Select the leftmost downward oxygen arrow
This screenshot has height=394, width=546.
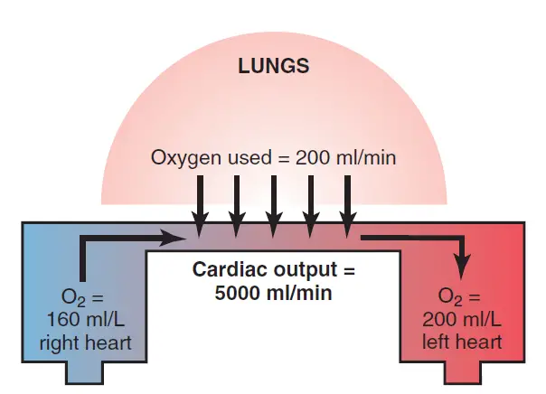click(x=202, y=203)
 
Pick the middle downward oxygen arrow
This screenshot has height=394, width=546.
click(x=273, y=203)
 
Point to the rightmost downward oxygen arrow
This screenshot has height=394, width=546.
click(x=346, y=203)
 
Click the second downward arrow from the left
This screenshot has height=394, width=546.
click(x=237, y=203)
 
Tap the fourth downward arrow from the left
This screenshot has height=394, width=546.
click(x=310, y=203)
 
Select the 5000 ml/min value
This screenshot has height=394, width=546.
click(x=273, y=292)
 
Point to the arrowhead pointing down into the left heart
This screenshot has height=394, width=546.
click(x=463, y=267)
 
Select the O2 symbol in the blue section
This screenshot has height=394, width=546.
click(x=70, y=297)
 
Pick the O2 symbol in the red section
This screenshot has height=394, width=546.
click(x=449, y=297)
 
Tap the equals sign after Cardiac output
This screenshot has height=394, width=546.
click(x=348, y=270)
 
